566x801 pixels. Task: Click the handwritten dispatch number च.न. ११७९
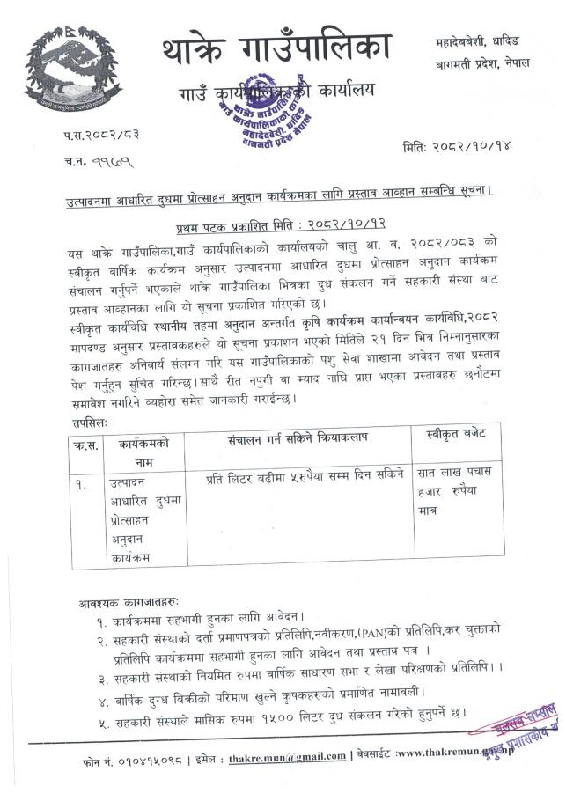(96, 162)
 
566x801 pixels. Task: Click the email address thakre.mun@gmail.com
(287, 756)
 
